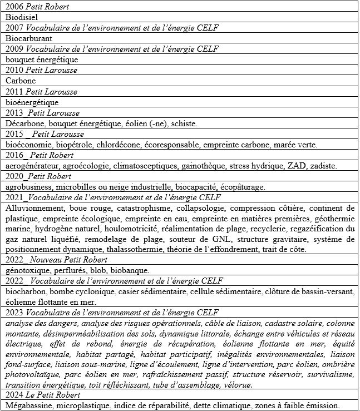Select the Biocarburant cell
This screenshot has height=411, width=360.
click(29, 38)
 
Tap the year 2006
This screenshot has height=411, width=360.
click(14, 7)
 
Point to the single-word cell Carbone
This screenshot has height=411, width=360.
click(21, 81)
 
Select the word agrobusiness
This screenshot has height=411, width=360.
click(28, 187)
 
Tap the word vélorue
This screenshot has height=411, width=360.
click(238, 384)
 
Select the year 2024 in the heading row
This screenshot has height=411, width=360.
click(14, 395)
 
